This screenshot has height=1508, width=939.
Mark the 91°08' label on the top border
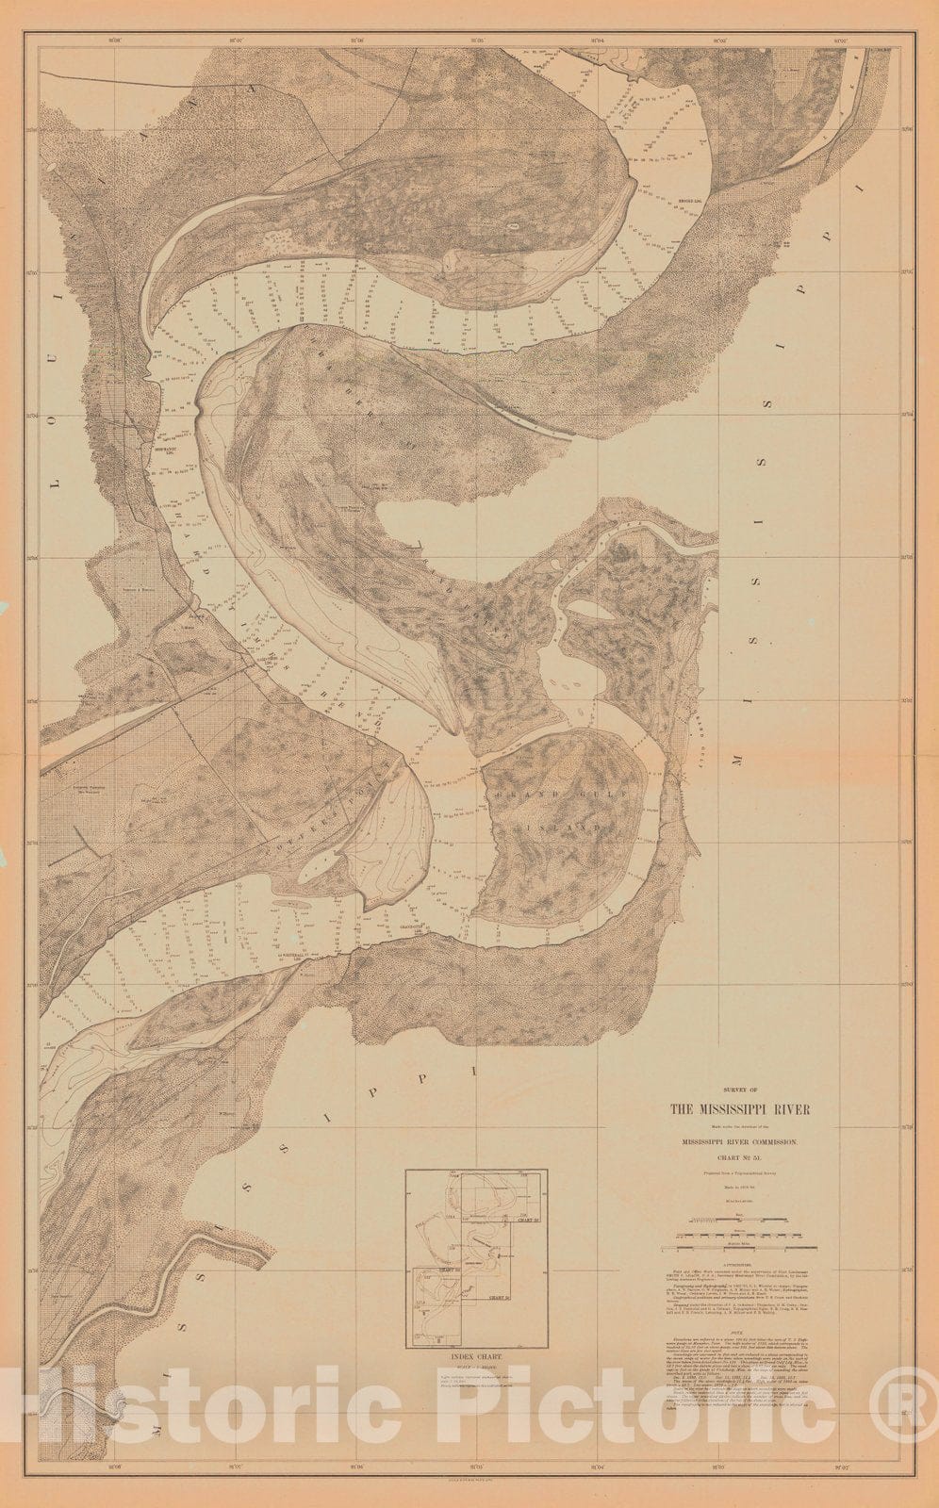click(117, 41)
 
